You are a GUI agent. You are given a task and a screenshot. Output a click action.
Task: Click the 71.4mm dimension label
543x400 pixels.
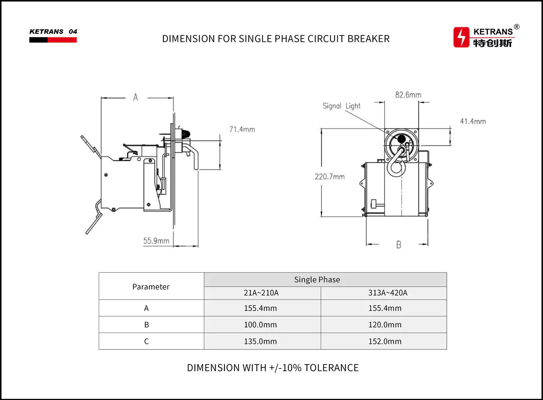point(242,129)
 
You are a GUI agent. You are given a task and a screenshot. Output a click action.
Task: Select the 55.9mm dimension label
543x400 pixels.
point(156,241)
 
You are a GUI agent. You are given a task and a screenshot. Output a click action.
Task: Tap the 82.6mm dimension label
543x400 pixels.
point(408,95)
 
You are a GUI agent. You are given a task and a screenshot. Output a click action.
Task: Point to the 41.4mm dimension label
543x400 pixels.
point(473,121)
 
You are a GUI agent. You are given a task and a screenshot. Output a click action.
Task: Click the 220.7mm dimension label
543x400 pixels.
point(329,177)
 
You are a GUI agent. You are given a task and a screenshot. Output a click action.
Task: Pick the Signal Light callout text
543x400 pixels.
point(341,106)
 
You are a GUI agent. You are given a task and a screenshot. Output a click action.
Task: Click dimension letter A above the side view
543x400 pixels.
point(136,97)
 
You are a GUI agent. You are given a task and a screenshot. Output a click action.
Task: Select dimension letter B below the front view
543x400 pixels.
point(398,245)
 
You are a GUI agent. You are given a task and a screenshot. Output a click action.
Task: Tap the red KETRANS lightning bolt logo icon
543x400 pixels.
point(461,37)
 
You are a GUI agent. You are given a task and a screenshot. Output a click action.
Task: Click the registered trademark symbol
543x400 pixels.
point(517,27)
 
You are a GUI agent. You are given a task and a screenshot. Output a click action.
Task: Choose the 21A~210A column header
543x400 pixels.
point(261,293)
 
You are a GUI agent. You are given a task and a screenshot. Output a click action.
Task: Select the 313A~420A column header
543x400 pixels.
point(388,293)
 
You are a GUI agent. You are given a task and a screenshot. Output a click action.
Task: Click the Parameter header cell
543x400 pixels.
point(151,287)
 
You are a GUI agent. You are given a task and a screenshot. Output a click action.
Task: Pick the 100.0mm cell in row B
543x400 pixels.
point(260,325)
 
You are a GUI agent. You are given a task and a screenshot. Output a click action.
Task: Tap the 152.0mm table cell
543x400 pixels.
point(385,341)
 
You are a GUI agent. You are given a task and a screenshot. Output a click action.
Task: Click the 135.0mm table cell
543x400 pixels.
point(260,341)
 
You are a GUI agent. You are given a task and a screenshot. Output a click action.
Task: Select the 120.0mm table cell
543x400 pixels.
point(385,325)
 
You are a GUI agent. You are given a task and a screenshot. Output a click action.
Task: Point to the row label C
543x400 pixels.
point(147,341)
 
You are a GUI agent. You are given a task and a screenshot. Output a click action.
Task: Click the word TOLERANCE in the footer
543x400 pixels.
point(331,368)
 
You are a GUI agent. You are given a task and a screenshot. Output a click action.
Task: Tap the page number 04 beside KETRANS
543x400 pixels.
point(73,32)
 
